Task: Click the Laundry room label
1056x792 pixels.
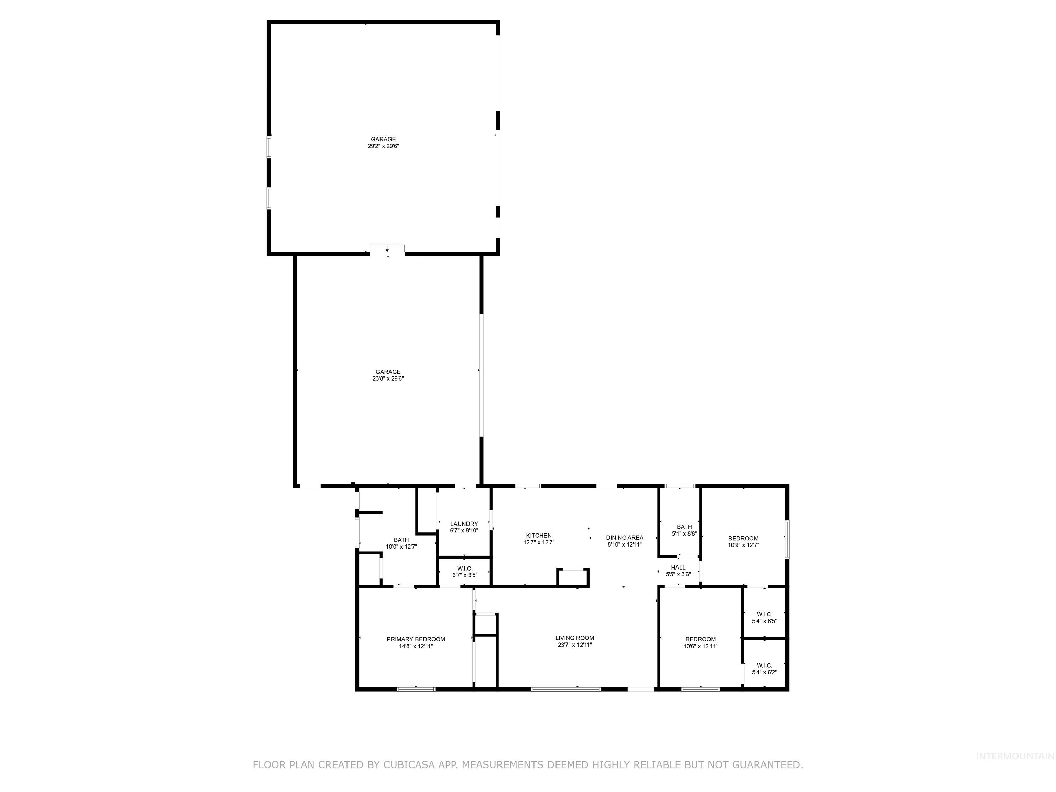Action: pyautogui.click(x=464, y=524)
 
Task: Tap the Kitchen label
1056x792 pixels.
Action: pyautogui.click(x=539, y=535)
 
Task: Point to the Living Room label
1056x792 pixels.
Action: pyautogui.click(x=574, y=638)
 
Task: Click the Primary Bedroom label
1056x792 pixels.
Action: pyautogui.click(x=416, y=639)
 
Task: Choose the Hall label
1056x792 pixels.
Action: pyautogui.click(x=678, y=568)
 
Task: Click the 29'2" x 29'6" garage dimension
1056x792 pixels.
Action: pyautogui.click(x=383, y=146)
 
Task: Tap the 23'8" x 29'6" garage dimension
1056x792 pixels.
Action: pyautogui.click(x=388, y=378)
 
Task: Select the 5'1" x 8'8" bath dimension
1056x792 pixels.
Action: pyautogui.click(x=684, y=534)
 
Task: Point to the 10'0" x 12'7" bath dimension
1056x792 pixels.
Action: pyautogui.click(x=401, y=547)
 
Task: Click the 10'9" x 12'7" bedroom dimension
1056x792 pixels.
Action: pyautogui.click(x=743, y=545)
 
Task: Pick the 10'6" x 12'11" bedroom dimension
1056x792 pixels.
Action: pyautogui.click(x=700, y=646)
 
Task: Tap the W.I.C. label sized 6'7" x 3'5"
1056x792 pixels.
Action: pyautogui.click(x=464, y=569)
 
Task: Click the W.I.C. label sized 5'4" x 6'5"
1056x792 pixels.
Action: pyautogui.click(x=764, y=614)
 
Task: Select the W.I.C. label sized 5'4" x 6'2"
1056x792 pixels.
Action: pyautogui.click(x=764, y=665)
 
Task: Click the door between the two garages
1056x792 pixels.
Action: pyautogui.click(x=387, y=249)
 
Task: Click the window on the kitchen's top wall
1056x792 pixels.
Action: pyautogui.click(x=528, y=486)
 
